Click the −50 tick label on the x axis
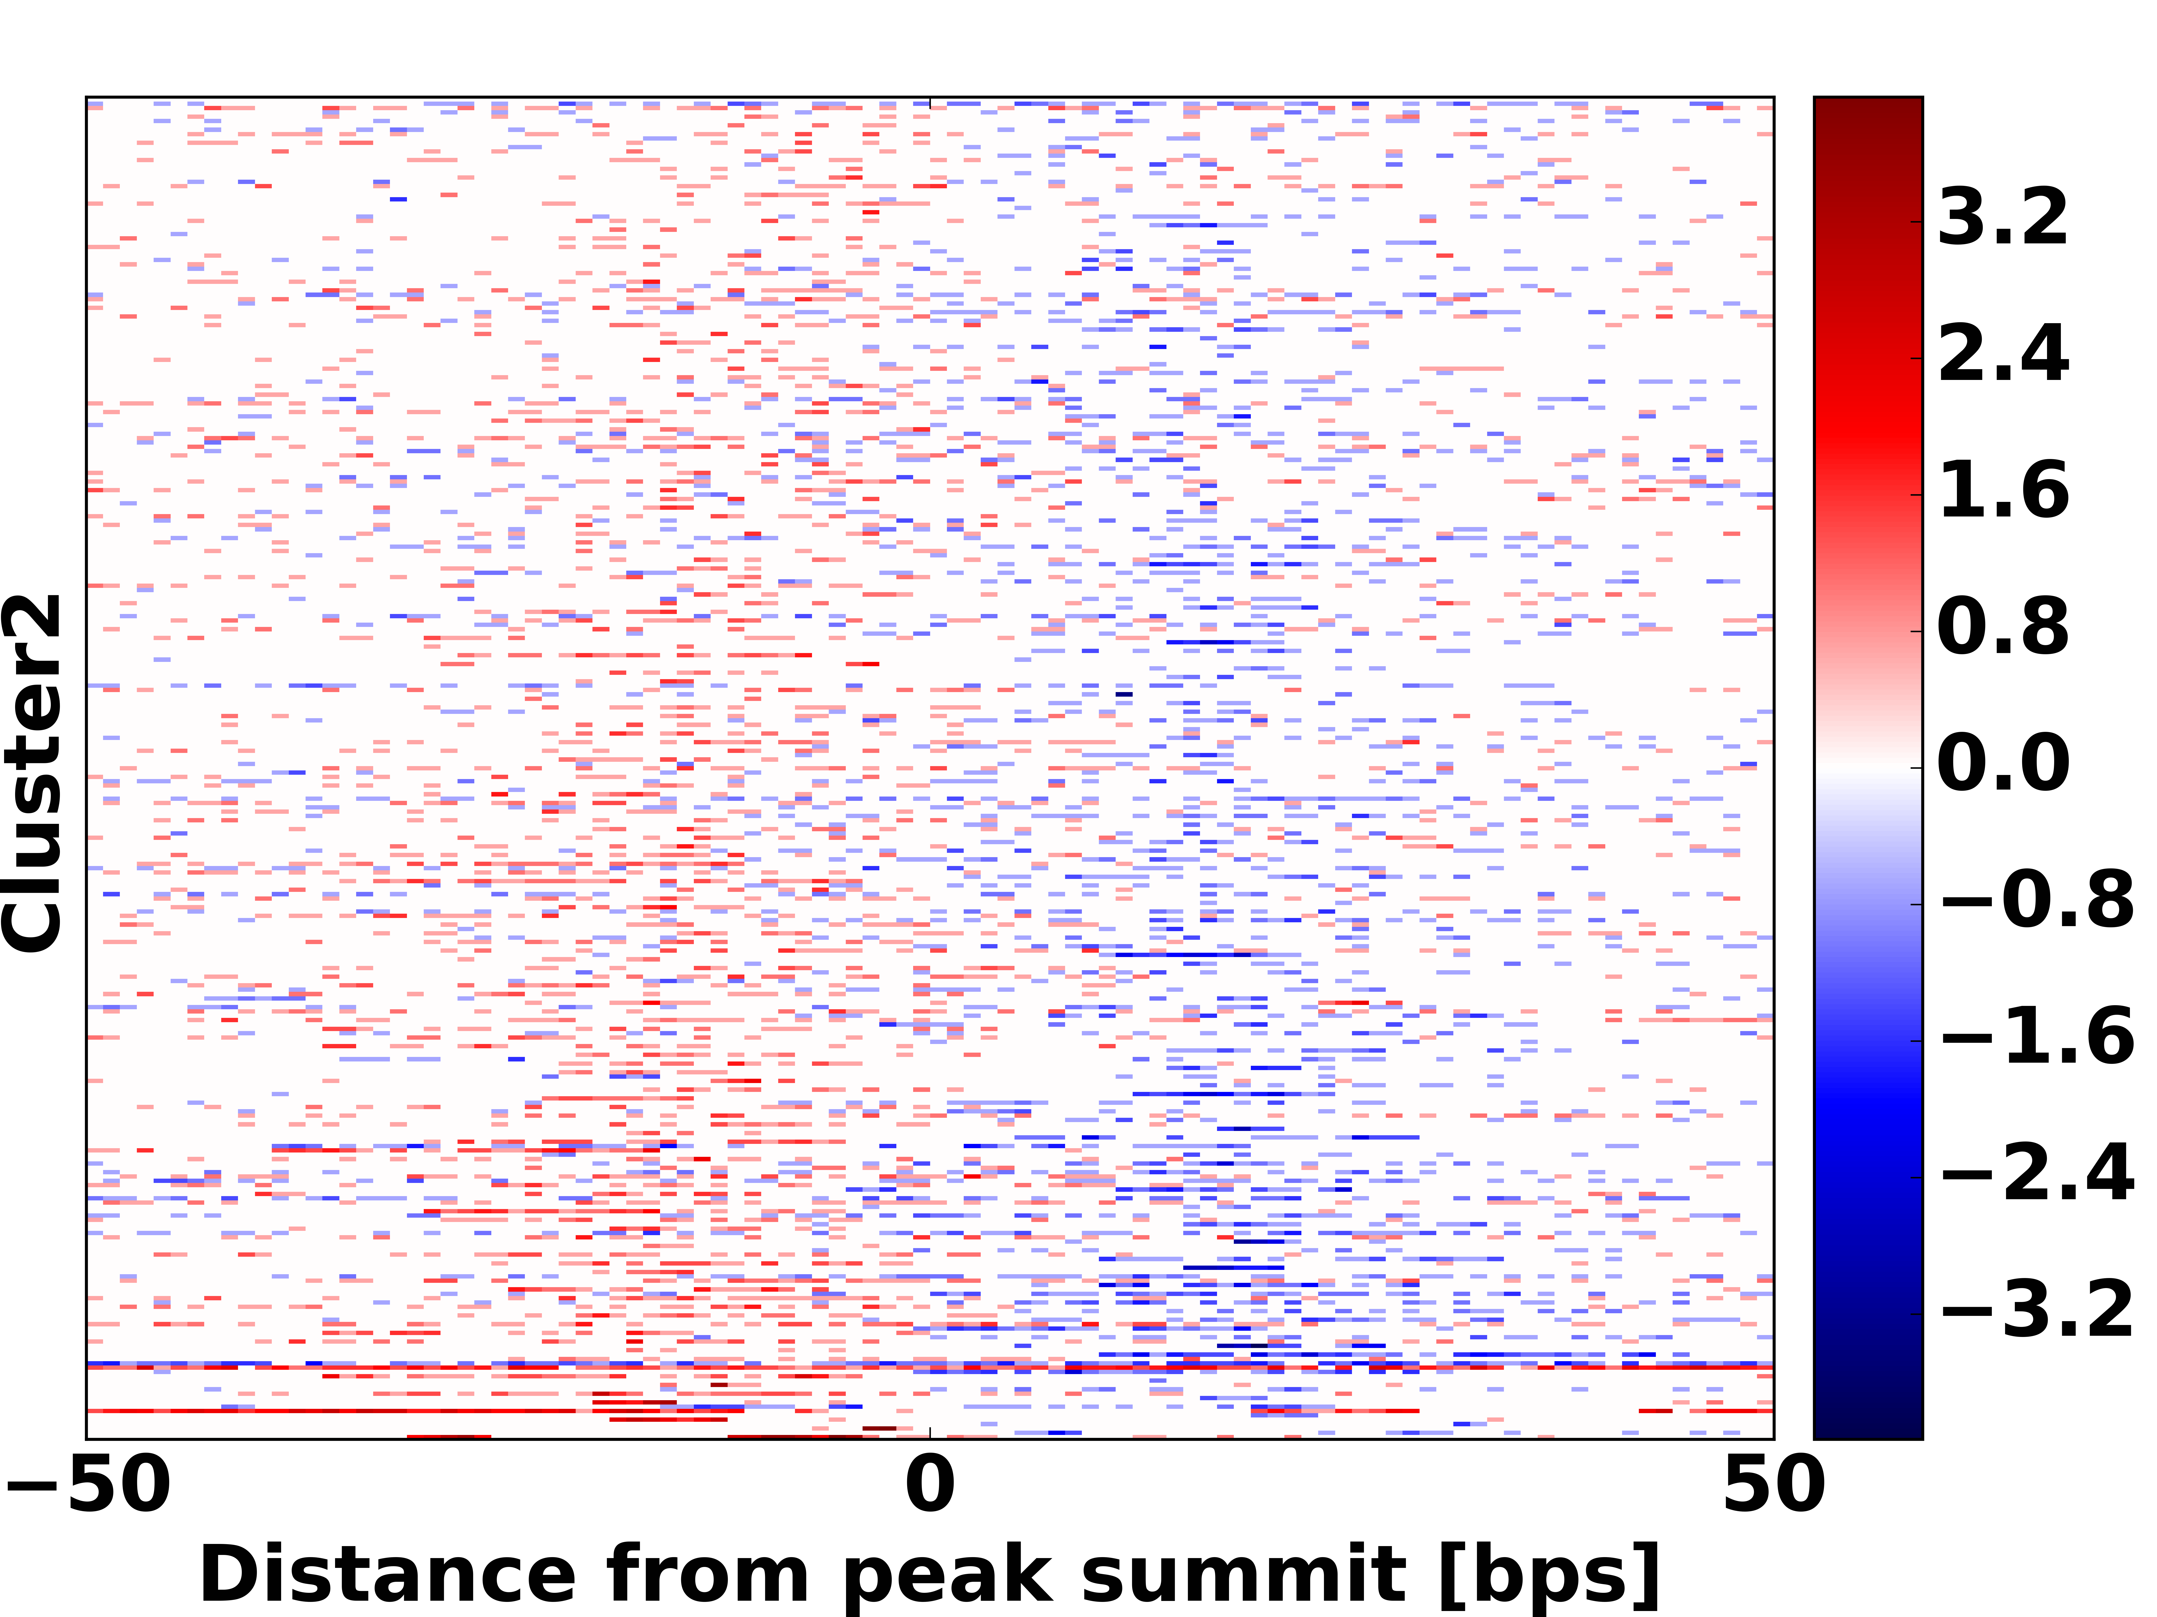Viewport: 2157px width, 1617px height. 88,1485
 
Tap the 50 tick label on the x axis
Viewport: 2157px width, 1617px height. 1773,1485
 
